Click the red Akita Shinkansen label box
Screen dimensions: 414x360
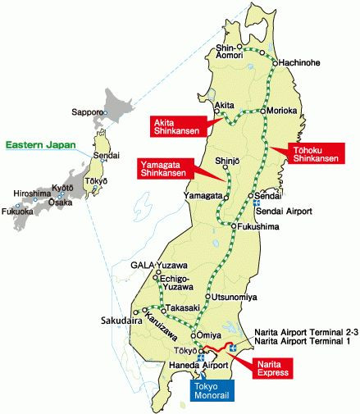click(173, 125)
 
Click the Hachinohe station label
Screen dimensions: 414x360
click(299, 62)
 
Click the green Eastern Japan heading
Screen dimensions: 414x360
click(41, 144)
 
